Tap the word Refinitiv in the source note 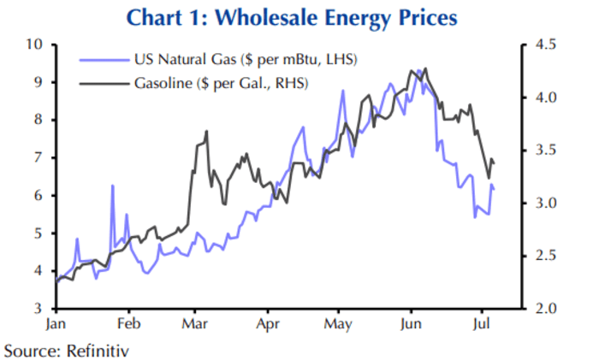(93, 349)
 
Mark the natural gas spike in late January (112, 186)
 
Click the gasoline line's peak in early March (207, 133)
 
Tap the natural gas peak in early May (342, 91)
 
